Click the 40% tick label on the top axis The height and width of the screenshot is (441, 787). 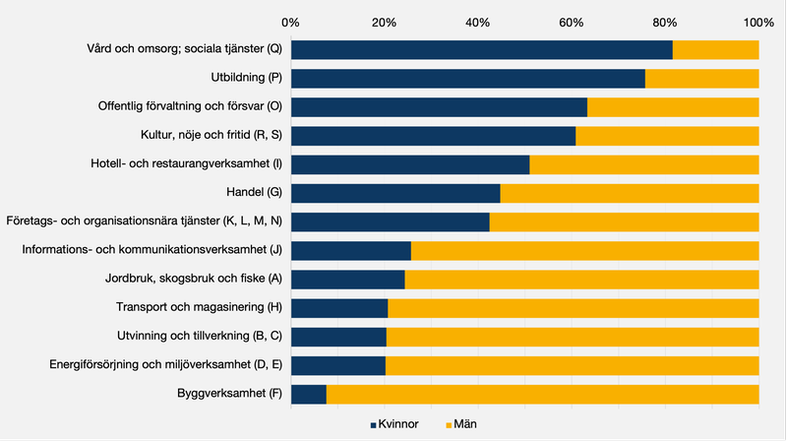(x=478, y=22)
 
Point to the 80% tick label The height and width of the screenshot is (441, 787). (x=665, y=22)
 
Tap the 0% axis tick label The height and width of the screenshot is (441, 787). (x=291, y=22)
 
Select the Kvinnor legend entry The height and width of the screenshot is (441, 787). (x=399, y=424)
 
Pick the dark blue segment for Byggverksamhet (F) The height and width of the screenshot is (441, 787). (x=309, y=395)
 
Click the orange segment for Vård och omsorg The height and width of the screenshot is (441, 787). (x=715, y=50)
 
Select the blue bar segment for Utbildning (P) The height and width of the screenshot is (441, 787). (x=468, y=79)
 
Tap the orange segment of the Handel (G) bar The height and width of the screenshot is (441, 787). (x=630, y=193)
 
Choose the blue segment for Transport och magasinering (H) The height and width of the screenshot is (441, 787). (x=339, y=309)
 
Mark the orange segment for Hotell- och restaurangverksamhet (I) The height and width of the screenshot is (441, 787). (x=644, y=164)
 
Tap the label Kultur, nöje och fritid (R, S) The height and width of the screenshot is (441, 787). (x=206, y=136)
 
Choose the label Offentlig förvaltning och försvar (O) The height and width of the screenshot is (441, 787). (x=190, y=107)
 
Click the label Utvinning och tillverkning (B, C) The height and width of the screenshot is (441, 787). (x=199, y=338)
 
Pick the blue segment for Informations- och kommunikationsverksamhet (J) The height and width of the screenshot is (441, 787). (x=351, y=251)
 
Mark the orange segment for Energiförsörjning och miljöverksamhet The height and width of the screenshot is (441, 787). (x=572, y=366)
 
